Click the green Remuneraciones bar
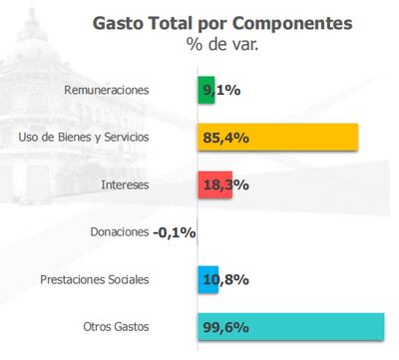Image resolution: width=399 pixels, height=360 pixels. click(205, 90)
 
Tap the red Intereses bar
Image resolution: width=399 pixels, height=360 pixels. click(213, 184)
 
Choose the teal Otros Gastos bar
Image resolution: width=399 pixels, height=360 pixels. click(290, 326)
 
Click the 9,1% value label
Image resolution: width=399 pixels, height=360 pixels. click(221, 90)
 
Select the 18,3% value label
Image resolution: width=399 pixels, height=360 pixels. click(225, 184)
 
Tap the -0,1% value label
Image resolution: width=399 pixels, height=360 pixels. click(175, 232)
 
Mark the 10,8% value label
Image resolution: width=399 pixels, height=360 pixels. click(225, 279)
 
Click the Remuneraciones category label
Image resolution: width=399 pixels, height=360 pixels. click(106, 90)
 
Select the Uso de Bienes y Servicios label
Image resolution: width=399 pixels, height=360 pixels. click(84, 137)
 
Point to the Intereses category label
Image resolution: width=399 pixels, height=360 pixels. click(125, 184)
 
